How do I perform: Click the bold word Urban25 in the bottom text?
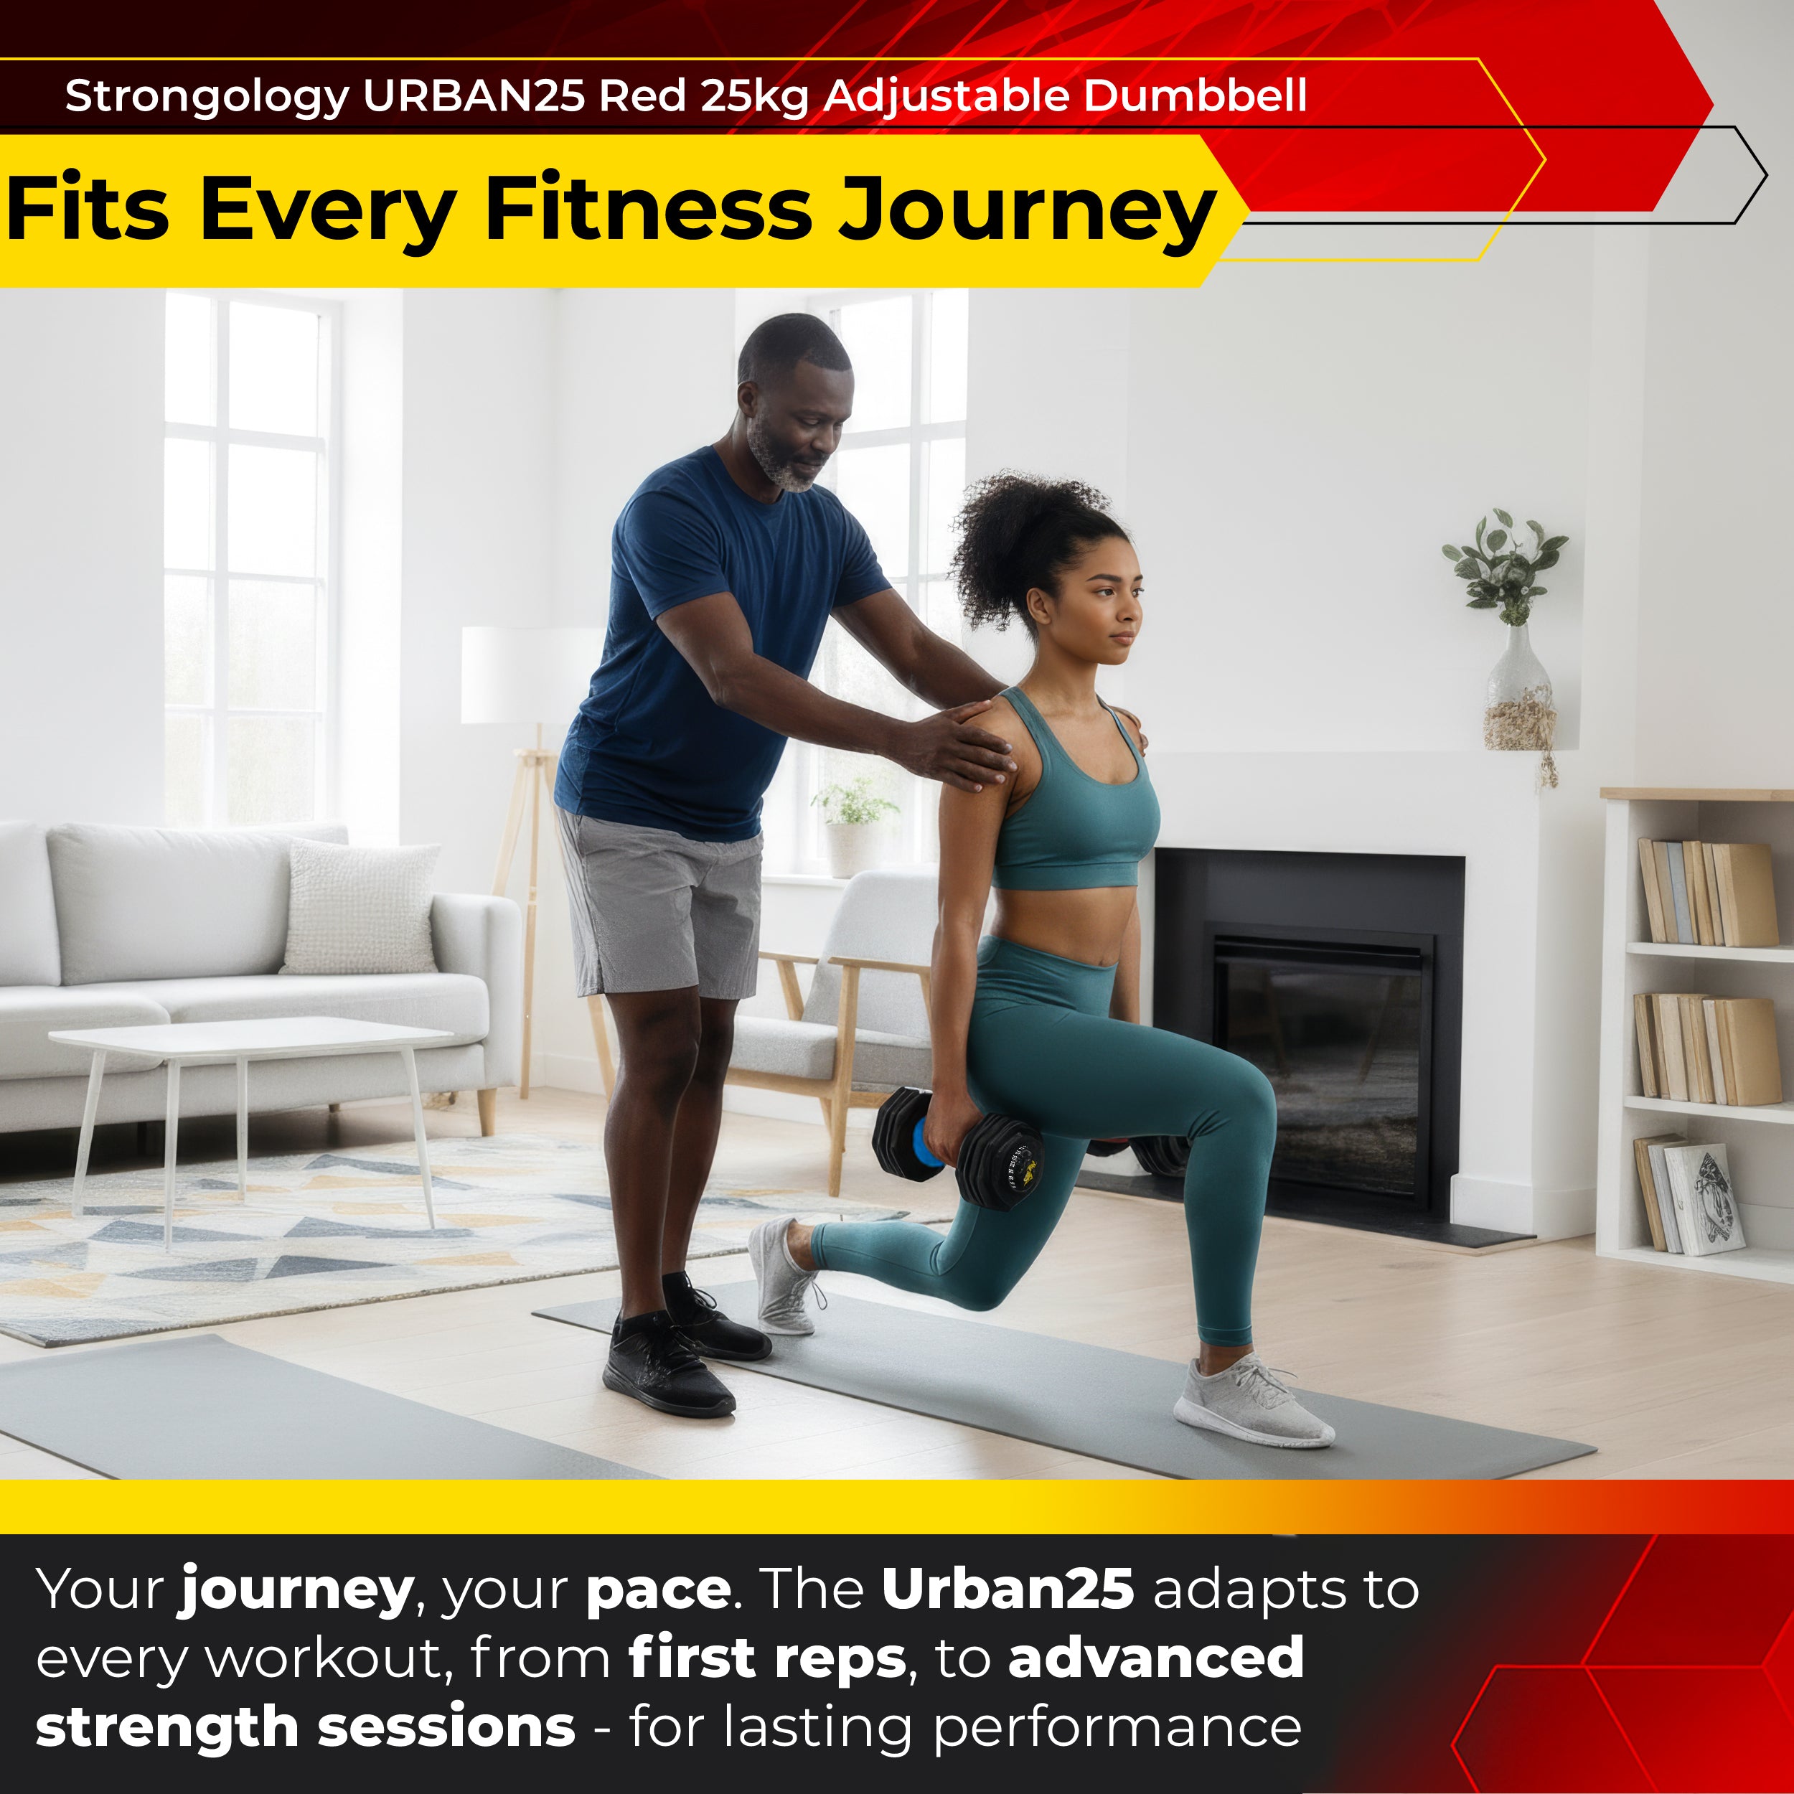(x=1008, y=1589)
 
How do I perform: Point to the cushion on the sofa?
(x=360, y=906)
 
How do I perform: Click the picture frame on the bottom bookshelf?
(x=1702, y=1200)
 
